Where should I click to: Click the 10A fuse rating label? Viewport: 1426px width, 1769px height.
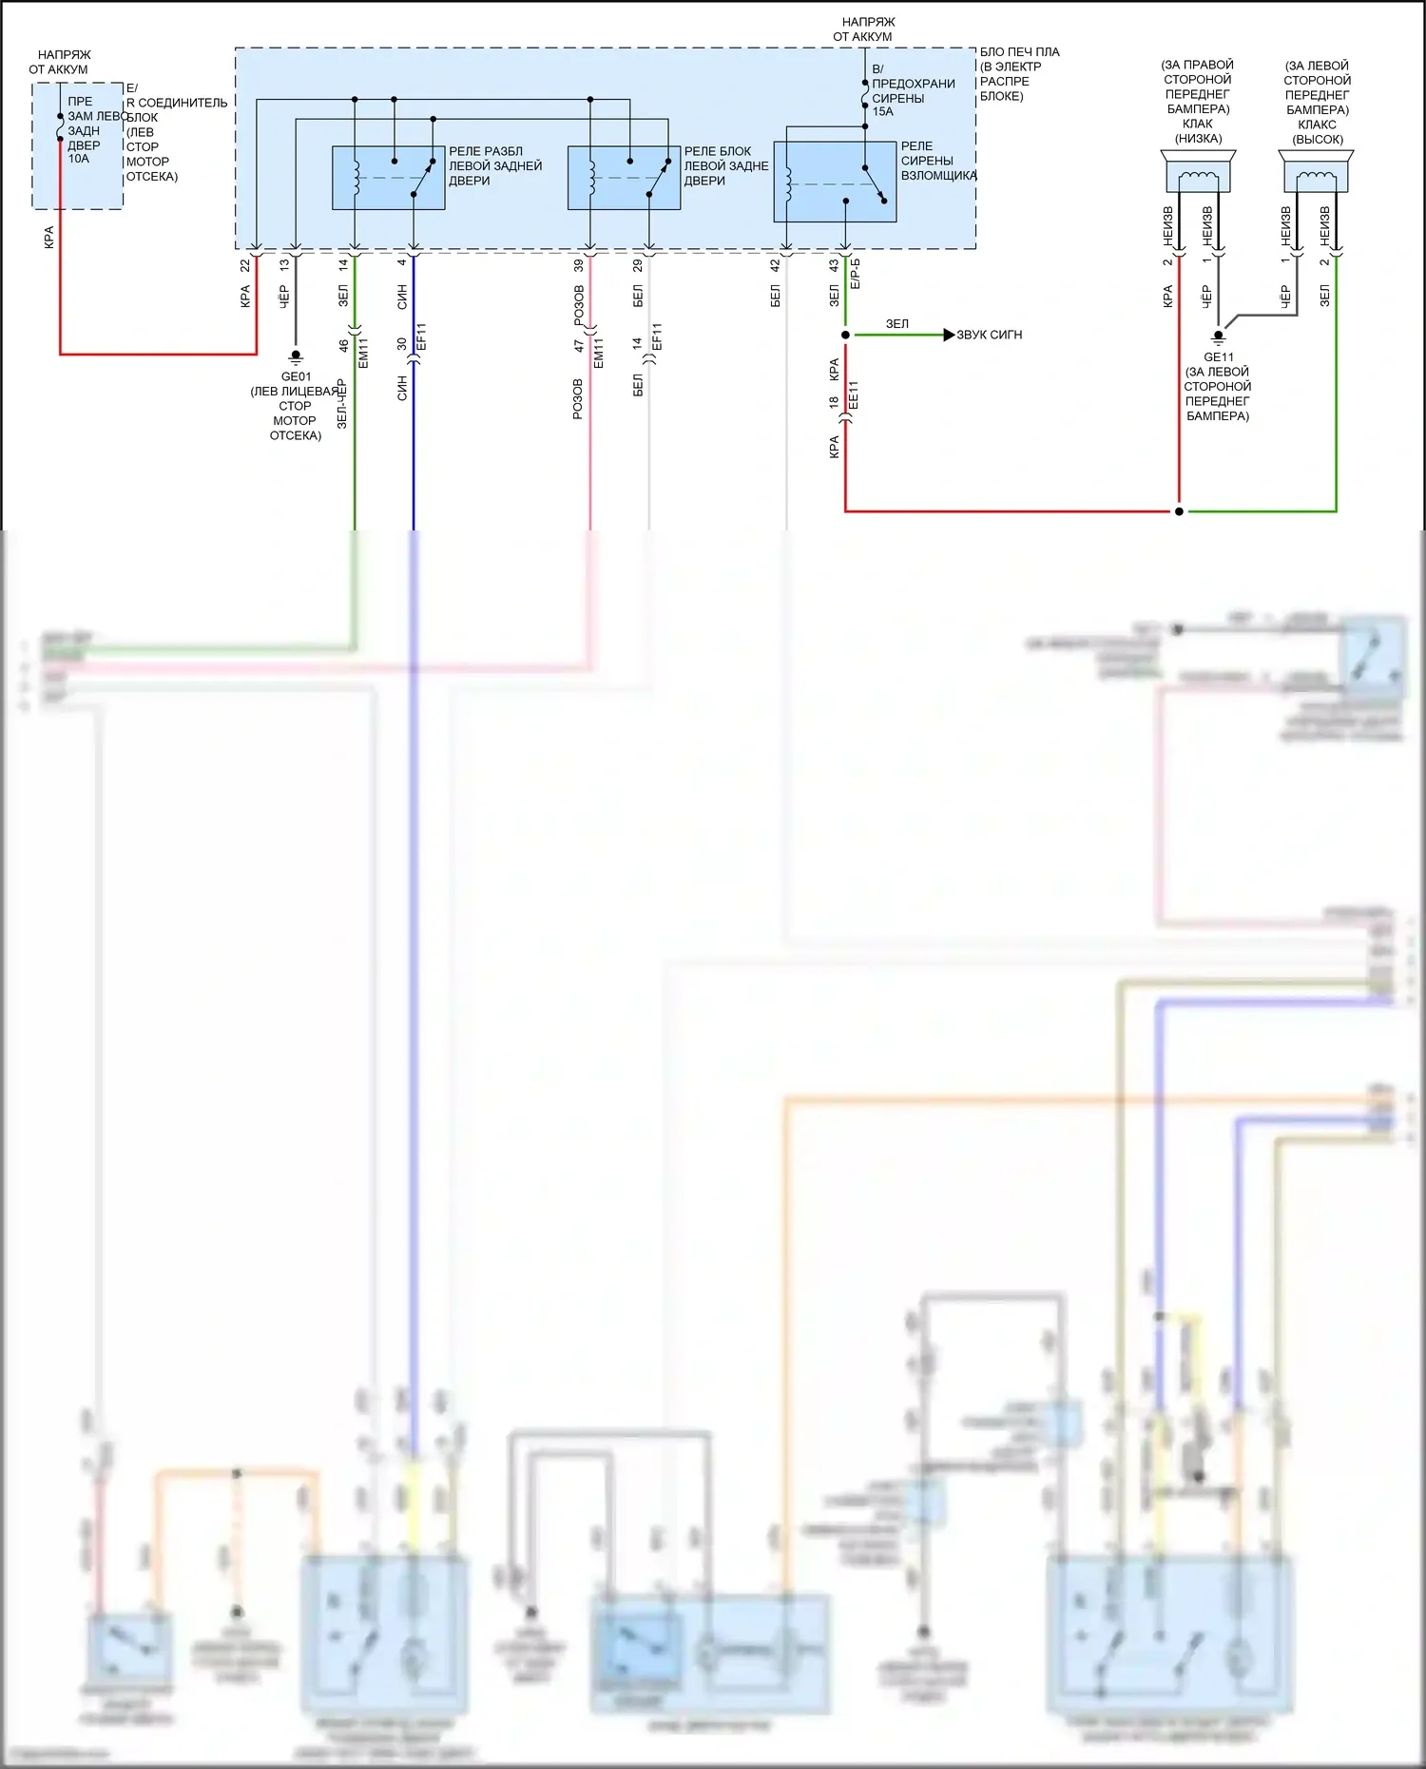78,159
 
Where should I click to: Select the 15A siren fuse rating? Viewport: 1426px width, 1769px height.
882,111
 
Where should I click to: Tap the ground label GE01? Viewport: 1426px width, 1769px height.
296,376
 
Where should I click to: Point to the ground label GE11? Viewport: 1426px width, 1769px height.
1218,357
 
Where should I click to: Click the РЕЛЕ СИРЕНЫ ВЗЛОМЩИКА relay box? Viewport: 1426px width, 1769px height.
835,182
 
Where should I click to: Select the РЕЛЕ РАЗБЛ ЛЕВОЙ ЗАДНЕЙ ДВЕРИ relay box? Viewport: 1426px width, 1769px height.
388,178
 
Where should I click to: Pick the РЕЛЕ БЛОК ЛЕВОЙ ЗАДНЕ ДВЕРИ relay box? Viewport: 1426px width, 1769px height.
624,178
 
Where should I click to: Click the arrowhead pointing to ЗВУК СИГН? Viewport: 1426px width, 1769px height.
948,335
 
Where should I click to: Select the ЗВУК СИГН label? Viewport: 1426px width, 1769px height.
989,335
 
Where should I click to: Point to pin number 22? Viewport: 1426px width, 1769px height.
245,266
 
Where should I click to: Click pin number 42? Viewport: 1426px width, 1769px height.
775,266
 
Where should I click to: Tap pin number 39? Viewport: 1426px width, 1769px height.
579,266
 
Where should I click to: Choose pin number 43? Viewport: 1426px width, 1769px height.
834,266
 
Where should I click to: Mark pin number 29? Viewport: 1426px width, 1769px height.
638,266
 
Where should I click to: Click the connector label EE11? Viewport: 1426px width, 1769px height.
854,395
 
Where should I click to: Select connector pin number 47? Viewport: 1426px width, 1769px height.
579,346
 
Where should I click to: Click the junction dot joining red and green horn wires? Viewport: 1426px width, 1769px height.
1179,511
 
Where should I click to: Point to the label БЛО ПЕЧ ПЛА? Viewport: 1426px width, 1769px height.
1019,52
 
